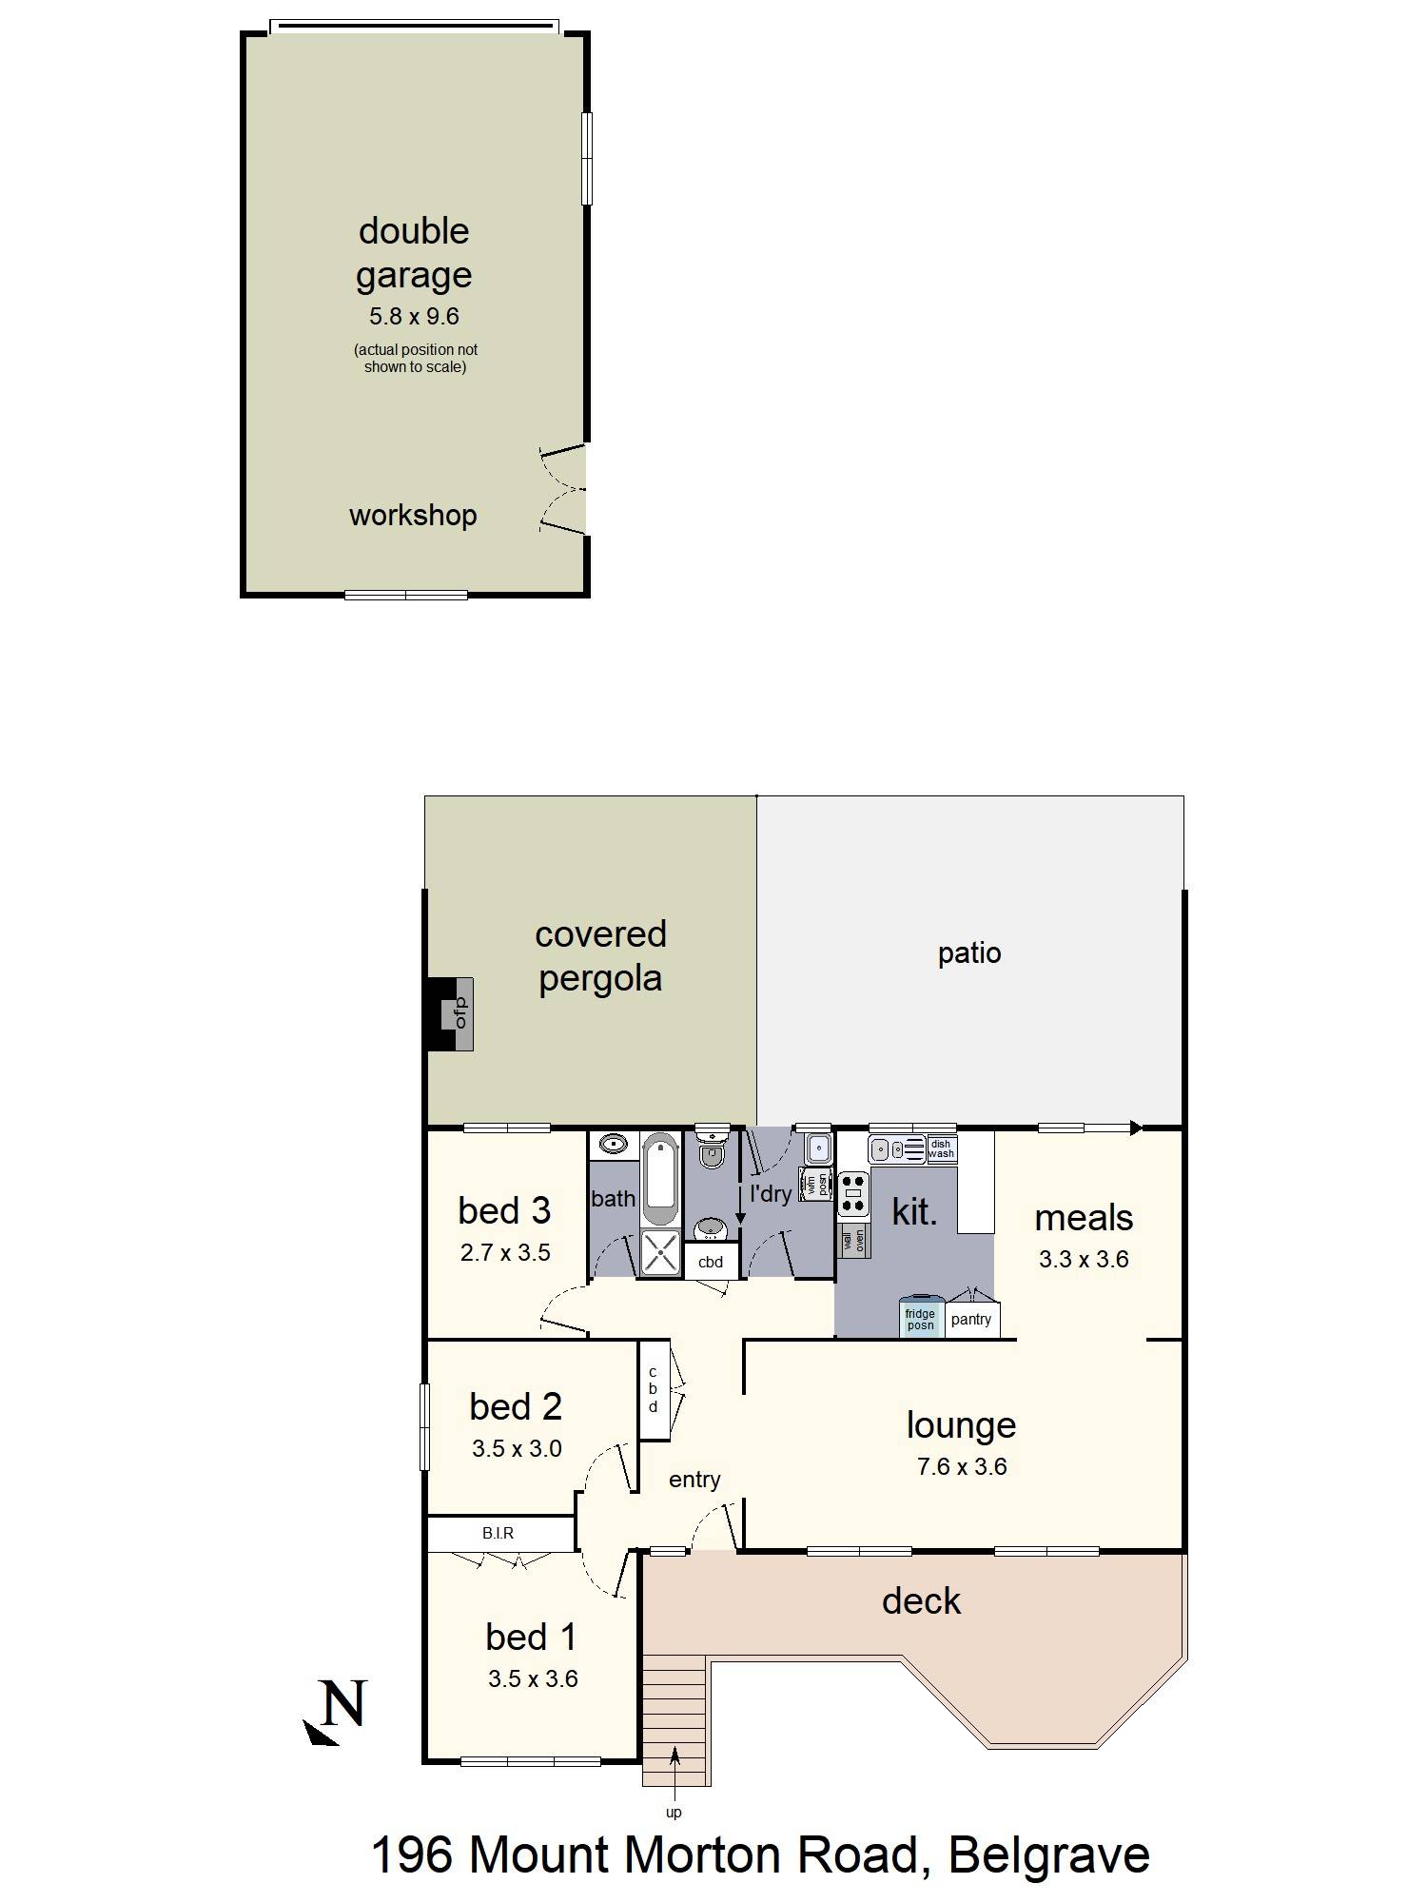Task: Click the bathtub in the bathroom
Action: click(x=659, y=1179)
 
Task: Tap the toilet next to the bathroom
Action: click(x=711, y=1149)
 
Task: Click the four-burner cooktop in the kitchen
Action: click(x=853, y=1195)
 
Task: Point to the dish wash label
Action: click(x=941, y=1149)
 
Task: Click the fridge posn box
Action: click(x=920, y=1319)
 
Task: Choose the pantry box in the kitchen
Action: click(x=971, y=1320)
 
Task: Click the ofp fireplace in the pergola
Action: click(x=460, y=1013)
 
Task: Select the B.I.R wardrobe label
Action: click(x=498, y=1533)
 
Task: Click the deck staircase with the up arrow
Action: click(x=674, y=1719)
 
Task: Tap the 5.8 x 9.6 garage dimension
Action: click(x=414, y=316)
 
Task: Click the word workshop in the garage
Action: click(x=413, y=516)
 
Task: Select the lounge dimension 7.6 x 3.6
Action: click(x=962, y=1466)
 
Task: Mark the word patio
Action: click(x=969, y=953)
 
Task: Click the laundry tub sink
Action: click(x=817, y=1149)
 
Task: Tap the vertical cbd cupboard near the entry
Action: click(x=654, y=1389)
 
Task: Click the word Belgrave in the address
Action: click(x=1048, y=1854)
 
